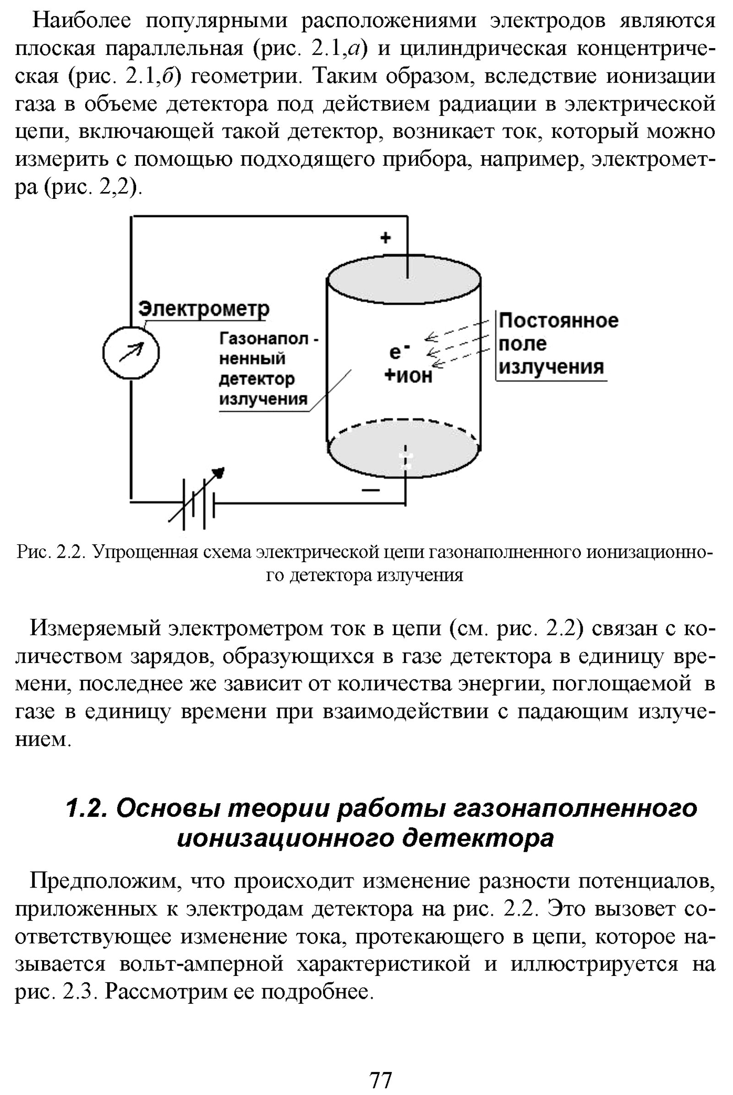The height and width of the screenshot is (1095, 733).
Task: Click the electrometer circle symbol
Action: pos(131,352)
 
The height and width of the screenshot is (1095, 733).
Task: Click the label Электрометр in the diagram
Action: pos(204,309)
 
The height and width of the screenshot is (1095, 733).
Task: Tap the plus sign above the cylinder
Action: pos(386,238)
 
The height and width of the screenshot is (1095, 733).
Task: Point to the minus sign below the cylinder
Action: pos(371,489)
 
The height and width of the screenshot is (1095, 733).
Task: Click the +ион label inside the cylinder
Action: pos(408,375)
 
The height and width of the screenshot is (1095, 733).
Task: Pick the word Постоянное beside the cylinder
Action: pos(558,321)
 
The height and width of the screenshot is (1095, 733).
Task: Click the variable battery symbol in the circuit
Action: pos(197,502)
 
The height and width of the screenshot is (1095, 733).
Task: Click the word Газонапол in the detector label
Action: pos(264,339)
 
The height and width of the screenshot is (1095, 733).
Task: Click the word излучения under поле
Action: pos(551,367)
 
